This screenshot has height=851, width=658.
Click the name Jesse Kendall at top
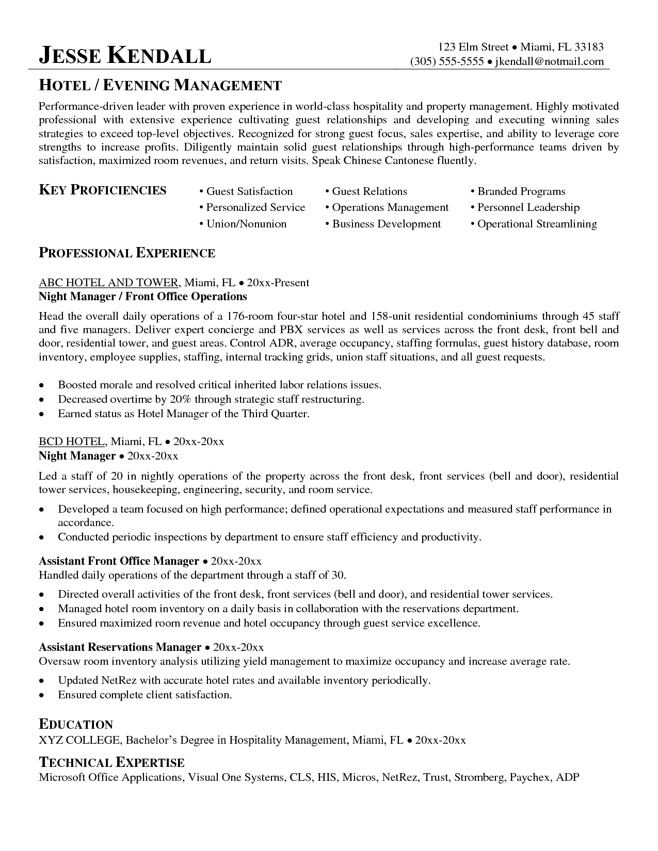click(x=125, y=56)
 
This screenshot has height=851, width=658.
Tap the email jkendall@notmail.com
click(x=549, y=61)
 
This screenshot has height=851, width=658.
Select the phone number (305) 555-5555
click(x=447, y=61)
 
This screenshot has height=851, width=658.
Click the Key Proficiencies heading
click(x=103, y=190)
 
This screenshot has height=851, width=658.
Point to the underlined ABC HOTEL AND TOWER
click(x=109, y=283)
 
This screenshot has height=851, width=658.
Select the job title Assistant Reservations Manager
click(x=120, y=647)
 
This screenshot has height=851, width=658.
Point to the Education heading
click(x=76, y=725)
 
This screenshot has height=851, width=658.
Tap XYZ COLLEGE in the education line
click(x=79, y=741)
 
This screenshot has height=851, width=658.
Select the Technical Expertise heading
click(x=111, y=763)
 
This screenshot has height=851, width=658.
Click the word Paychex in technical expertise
click(x=530, y=777)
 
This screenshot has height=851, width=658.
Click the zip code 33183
click(x=589, y=47)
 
